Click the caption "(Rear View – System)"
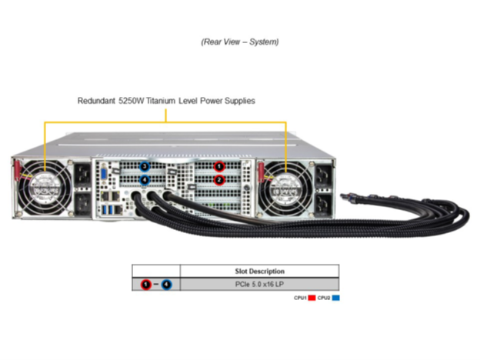pyautogui.click(x=240, y=42)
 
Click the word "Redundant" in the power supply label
pyautogui.click(x=96, y=101)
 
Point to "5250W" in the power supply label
pyautogui.click(x=131, y=101)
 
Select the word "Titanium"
pyautogui.click(x=161, y=101)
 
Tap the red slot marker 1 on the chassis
pyautogui.click(x=219, y=166)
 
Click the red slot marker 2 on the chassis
pyautogui.click(x=219, y=180)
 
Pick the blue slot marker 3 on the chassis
pyautogui.click(x=144, y=166)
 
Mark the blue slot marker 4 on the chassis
pyautogui.click(x=144, y=180)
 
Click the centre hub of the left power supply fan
pyautogui.click(x=45, y=188)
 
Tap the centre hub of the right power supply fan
pyautogui.click(x=285, y=190)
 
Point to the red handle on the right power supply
pyautogui.click(x=261, y=172)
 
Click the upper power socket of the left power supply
pyautogui.click(x=82, y=175)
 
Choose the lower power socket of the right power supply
pyautogui.click(x=324, y=204)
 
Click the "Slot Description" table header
pyautogui.click(x=259, y=272)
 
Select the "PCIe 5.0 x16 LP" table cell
pyautogui.click(x=259, y=285)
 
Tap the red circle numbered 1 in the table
pyautogui.click(x=145, y=285)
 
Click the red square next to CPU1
pyautogui.click(x=312, y=298)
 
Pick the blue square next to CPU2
pyautogui.click(x=335, y=298)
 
